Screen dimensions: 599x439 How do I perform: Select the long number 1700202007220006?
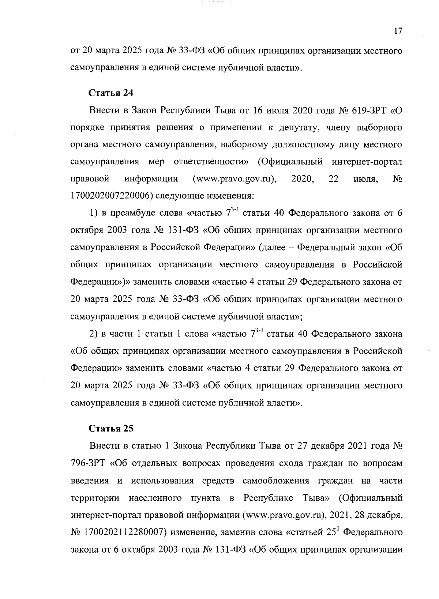[111, 196]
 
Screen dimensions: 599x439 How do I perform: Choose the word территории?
[94, 498]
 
